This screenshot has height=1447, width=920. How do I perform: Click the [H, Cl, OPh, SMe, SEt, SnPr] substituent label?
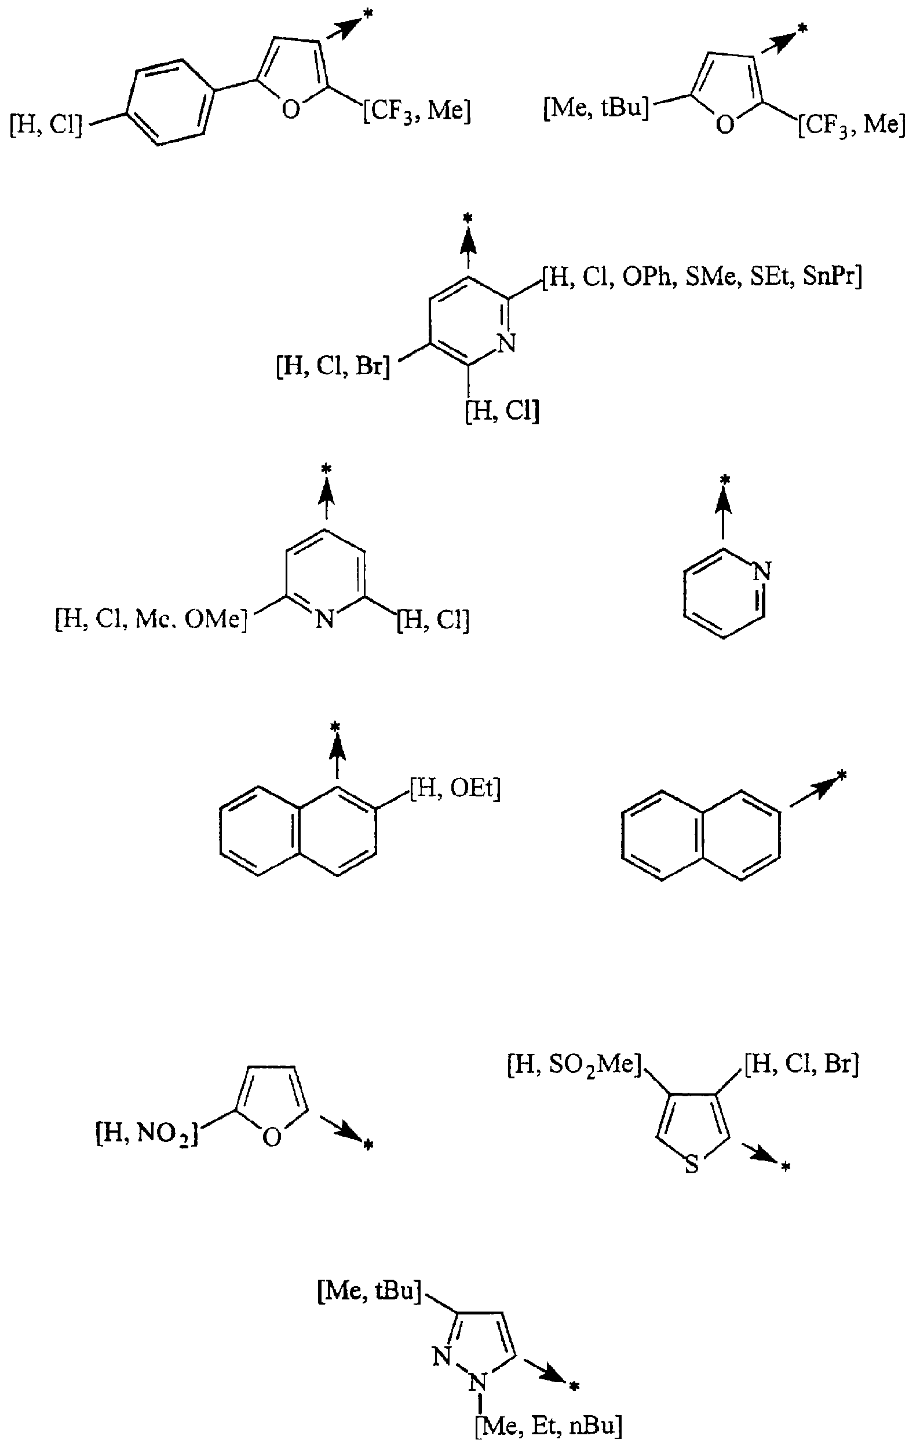click(702, 278)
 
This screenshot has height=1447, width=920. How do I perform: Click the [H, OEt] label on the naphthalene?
click(455, 789)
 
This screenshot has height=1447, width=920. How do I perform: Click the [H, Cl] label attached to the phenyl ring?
click(46, 127)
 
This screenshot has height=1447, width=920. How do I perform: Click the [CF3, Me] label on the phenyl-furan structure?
click(417, 111)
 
